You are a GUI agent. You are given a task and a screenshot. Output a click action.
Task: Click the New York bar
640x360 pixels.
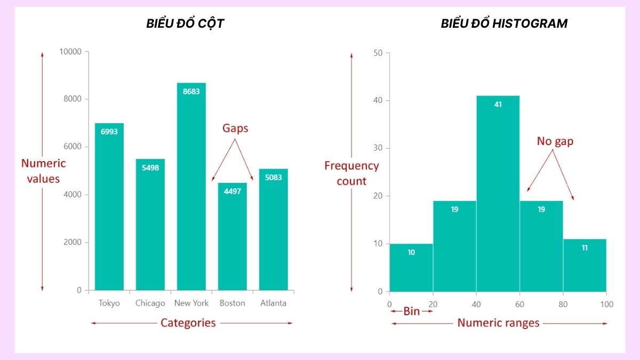pos(191,187)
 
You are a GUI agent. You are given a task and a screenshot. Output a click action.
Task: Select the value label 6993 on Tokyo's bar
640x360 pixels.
pos(109,131)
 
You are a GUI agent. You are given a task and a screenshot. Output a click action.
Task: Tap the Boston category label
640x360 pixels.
pos(233,303)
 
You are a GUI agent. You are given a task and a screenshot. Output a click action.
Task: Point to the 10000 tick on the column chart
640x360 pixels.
pos(70,52)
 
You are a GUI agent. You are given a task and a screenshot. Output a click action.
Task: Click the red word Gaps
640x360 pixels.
pos(235,129)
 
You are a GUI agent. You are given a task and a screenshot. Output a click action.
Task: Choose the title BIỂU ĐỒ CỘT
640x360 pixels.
pos(185,23)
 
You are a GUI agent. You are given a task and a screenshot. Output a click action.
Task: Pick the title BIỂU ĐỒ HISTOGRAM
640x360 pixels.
pos(504,23)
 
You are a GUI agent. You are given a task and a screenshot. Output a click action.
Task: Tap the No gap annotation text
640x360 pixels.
pos(555,141)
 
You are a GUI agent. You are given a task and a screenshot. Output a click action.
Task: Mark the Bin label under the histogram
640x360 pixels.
pos(411,311)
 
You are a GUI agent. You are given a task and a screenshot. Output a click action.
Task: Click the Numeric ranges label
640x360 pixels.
pos(499,323)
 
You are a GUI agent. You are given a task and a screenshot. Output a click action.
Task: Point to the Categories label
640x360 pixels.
pos(188,323)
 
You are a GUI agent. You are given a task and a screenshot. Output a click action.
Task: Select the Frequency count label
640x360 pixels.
pos(351,173)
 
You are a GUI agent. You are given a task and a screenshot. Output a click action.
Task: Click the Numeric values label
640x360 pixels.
pos(43,171)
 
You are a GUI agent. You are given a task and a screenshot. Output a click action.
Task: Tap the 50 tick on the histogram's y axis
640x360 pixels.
pos(378,53)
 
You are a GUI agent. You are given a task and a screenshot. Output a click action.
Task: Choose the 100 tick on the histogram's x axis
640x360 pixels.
pos(606,305)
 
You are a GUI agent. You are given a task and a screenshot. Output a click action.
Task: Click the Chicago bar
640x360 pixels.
pos(150,225)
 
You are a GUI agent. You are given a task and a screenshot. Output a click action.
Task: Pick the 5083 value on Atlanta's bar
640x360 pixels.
pos(274,177)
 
